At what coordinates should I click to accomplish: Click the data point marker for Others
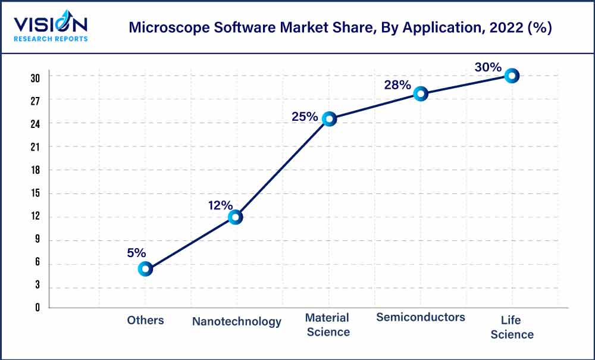click(x=145, y=269)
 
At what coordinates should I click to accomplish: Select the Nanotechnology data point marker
click(x=236, y=217)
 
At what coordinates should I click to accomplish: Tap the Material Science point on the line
click(x=329, y=119)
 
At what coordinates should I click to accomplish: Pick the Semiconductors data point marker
click(x=421, y=93)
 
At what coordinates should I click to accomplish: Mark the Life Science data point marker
click(x=512, y=76)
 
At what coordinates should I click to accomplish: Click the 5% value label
click(x=136, y=253)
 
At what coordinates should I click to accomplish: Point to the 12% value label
click(x=220, y=205)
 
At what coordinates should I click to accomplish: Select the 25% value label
click(x=304, y=117)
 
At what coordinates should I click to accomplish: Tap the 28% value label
click(x=397, y=85)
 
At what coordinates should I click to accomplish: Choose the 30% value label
click(x=488, y=67)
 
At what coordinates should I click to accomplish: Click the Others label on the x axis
click(x=145, y=320)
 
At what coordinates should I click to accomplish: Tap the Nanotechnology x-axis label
click(x=236, y=321)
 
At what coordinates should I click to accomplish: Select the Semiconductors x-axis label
click(x=420, y=317)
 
